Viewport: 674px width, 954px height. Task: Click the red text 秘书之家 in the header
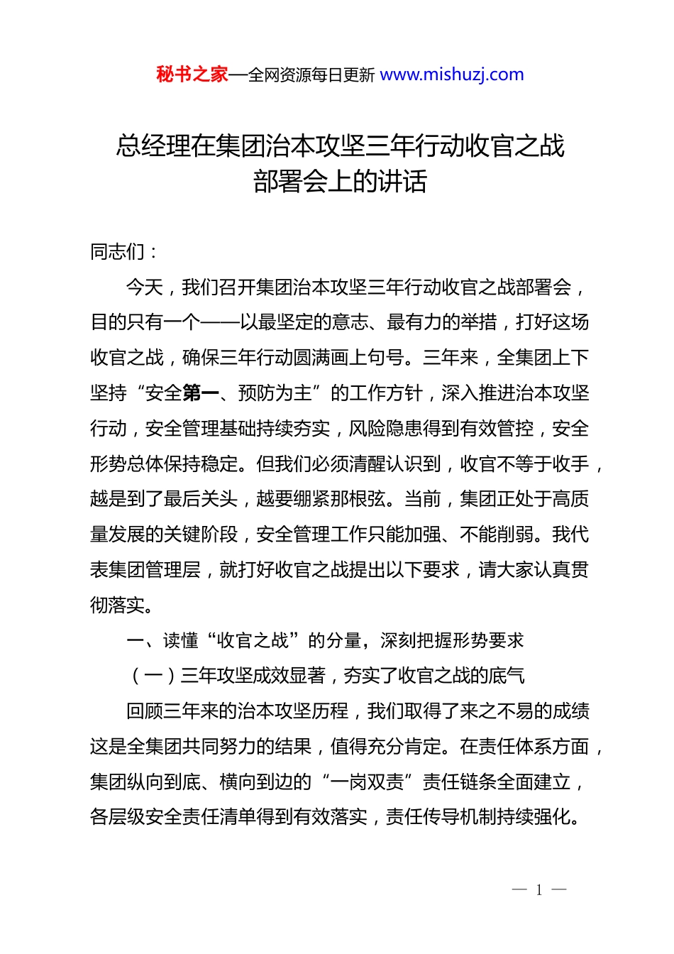click(192, 75)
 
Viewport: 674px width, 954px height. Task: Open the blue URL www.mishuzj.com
click(452, 75)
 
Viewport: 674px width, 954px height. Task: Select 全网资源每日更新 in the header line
click(311, 75)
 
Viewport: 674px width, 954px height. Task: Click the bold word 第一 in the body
click(200, 393)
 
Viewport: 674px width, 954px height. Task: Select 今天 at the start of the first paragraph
click(144, 287)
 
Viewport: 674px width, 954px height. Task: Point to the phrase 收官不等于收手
click(524, 464)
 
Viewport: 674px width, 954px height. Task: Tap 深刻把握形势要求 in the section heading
click(452, 640)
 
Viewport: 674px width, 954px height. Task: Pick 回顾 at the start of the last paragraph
click(144, 711)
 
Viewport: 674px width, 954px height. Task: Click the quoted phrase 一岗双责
click(367, 782)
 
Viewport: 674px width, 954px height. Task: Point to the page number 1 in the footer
click(539, 890)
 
